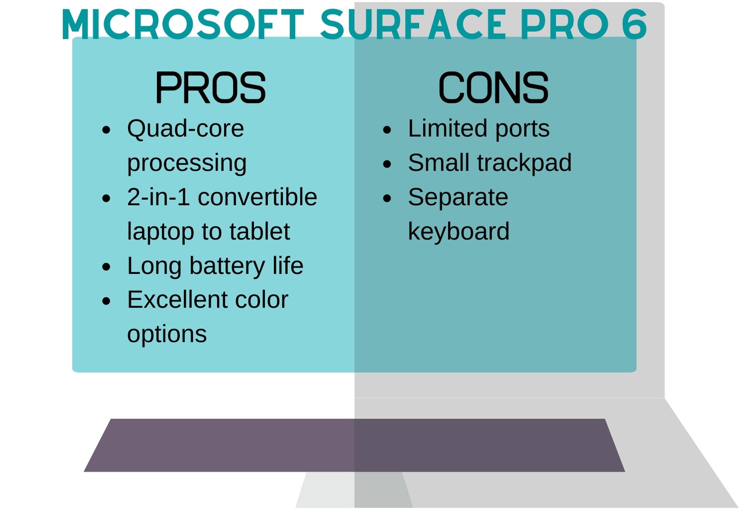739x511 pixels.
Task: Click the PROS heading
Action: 210,88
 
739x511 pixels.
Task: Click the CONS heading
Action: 493,88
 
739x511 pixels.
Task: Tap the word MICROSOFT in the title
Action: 183,24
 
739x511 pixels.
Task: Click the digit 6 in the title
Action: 634,24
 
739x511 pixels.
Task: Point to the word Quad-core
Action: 185,128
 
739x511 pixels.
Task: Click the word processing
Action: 187,163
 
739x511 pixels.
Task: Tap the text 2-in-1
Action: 158,197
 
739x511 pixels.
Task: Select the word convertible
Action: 257,197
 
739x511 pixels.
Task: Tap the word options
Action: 167,334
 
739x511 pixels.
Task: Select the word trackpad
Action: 524,163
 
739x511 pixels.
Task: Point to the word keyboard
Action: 459,232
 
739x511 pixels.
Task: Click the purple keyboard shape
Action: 354,445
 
